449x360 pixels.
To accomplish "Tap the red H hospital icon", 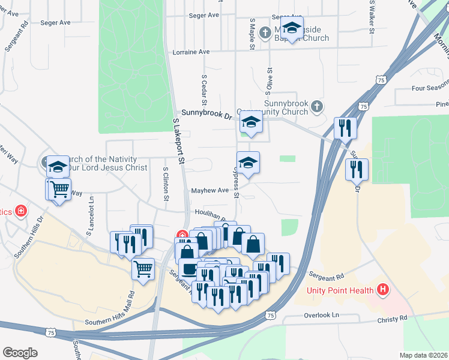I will point(384,291).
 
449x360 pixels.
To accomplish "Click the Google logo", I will point(20,353).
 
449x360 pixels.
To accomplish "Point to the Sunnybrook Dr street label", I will point(206,113).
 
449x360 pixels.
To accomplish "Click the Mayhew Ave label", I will point(209,191).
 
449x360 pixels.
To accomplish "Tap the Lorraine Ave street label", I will point(191,52).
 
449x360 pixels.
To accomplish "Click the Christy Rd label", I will point(393,317).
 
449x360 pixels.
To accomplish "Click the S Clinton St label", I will point(164,184).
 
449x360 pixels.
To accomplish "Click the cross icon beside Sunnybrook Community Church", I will point(318,106).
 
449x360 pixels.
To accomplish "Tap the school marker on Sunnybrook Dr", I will point(250,123).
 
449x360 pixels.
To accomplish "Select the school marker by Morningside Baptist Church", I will point(292,28).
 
